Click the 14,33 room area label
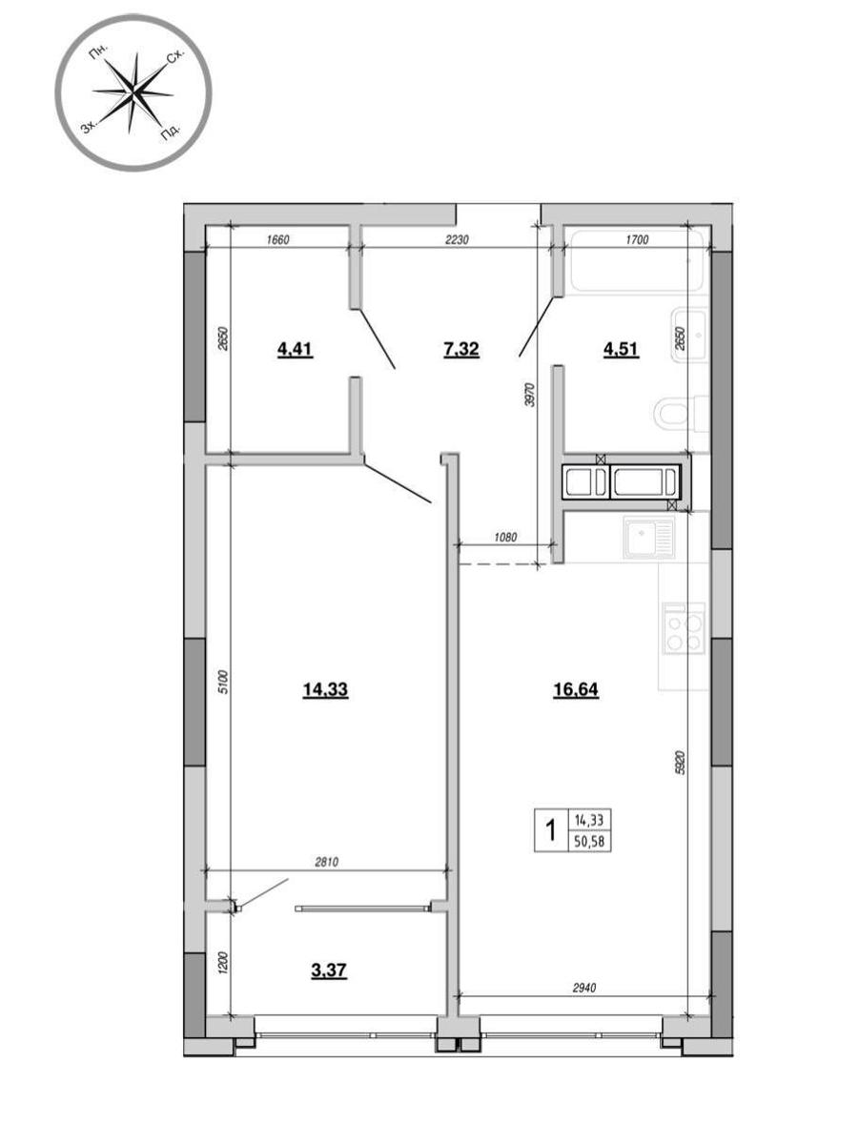(325, 689)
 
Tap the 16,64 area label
(576, 689)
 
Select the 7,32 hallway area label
(460, 349)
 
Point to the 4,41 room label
(295, 349)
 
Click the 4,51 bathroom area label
(621, 349)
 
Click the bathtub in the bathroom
(637, 260)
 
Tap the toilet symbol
(681, 414)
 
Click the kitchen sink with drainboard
(649, 538)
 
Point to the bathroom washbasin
(689, 336)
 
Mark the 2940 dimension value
(583, 987)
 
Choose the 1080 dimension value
(504, 537)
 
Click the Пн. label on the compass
(98, 53)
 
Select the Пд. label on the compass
(171, 133)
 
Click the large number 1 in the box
(550, 829)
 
